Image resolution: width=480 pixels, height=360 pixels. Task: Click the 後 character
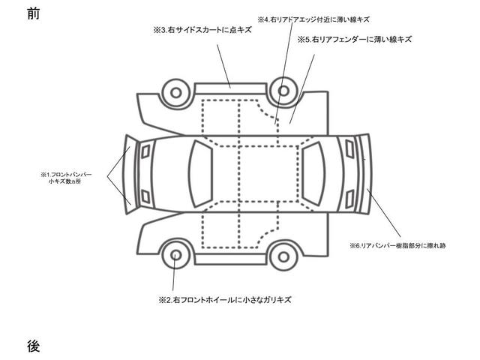pyautogui.click(x=32, y=346)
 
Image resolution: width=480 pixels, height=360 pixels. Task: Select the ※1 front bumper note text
pyautogui.click(x=66, y=178)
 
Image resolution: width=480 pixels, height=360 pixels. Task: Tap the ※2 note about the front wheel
pyautogui.click(x=224, y=299)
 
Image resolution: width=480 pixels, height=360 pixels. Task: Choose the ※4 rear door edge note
pyautogui.click(x=313, y=18)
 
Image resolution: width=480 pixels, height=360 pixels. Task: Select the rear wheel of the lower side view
pyautogui.click(x=284, y=254)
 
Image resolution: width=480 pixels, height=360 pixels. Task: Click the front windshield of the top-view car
pyautogui.click(x=201, y=172)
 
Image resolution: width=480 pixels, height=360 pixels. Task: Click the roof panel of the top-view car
pyautogui.click(x=256, y=172)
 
